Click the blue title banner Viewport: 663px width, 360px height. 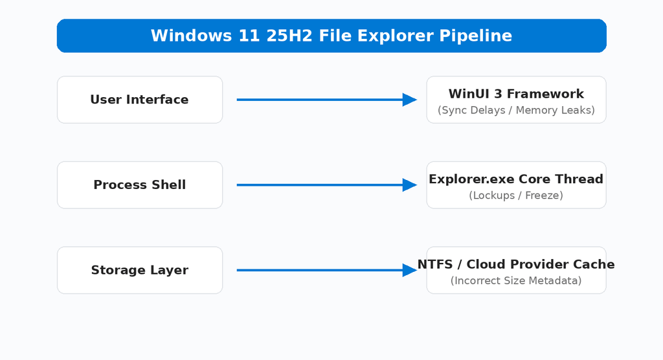(331, 36)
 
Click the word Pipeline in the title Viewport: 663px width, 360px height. (476, 36)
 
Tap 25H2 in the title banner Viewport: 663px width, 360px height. (289, 36)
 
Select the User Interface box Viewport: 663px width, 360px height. (140, 100)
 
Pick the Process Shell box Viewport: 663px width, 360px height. (140, 185)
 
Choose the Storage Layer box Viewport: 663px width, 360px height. (140, 270)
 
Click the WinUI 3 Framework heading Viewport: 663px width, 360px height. (516, 93)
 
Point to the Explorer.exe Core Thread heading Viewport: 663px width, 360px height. (516, 179)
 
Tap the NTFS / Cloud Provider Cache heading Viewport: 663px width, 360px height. (516, 264)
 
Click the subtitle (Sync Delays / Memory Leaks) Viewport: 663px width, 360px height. (516, 111)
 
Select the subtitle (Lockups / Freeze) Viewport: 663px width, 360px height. (516, 196)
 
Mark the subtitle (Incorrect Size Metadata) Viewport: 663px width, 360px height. (516, 281)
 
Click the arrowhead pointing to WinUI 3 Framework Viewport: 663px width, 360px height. (410, 100)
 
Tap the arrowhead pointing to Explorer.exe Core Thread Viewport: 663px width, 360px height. (410, 185)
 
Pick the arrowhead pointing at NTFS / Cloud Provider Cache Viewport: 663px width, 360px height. (410, 270)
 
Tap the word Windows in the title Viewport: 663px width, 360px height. (192, 36)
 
